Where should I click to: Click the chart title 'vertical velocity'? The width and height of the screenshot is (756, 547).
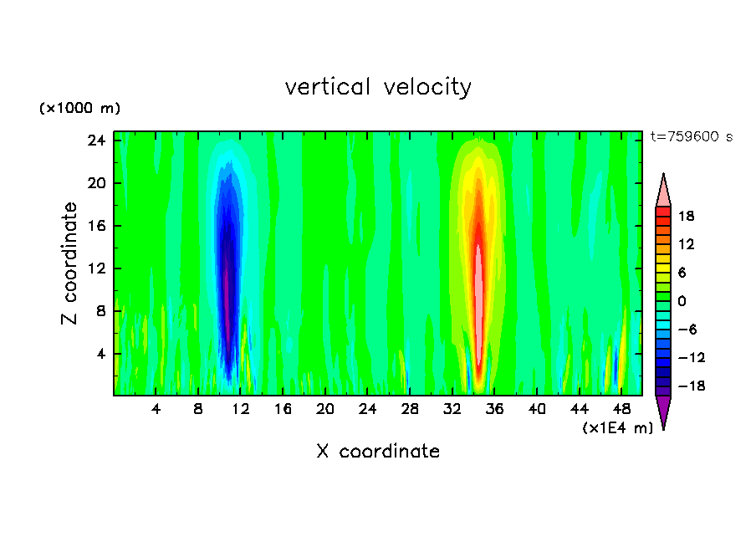378,87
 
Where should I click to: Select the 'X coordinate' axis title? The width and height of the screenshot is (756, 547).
378,452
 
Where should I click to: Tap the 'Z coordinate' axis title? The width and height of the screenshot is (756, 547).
70,263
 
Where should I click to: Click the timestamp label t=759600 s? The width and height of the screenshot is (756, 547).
692,137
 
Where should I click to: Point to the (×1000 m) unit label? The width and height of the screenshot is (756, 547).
80,109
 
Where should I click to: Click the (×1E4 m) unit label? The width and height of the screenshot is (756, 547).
617,428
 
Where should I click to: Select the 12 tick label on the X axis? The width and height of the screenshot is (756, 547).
241,410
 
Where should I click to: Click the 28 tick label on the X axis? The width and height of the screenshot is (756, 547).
410,410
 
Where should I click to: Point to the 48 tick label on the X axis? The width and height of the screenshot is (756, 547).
622,410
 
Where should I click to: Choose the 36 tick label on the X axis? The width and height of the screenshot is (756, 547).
495,410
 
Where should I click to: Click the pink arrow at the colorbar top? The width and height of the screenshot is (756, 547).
663,192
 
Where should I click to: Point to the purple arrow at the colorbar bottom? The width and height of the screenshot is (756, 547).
663,412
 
